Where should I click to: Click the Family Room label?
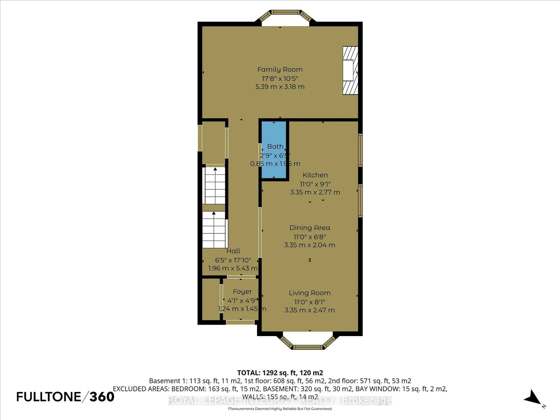(280, 69)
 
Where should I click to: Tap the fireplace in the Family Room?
(350, 70)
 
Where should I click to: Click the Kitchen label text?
(315, 175)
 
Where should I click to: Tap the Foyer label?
(242, 292)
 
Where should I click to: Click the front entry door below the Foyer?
(240, 322)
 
